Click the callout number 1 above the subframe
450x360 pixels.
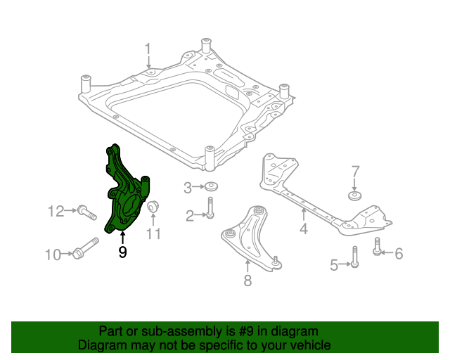pos(148,49)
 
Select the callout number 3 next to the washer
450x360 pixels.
pos(188,188)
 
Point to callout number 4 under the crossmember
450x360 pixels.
pos(304,229)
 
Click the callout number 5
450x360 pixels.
pos(335,264)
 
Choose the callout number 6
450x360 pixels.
pos(399,253)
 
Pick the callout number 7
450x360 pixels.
pos(355,172)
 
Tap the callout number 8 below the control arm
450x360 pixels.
pos(247,282)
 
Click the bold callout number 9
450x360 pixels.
pos(122,251)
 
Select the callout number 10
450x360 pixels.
pos(53,255)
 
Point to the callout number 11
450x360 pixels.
pos(154,234)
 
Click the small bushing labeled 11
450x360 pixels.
pos(154,207)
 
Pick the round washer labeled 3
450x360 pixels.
pos(211,188)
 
